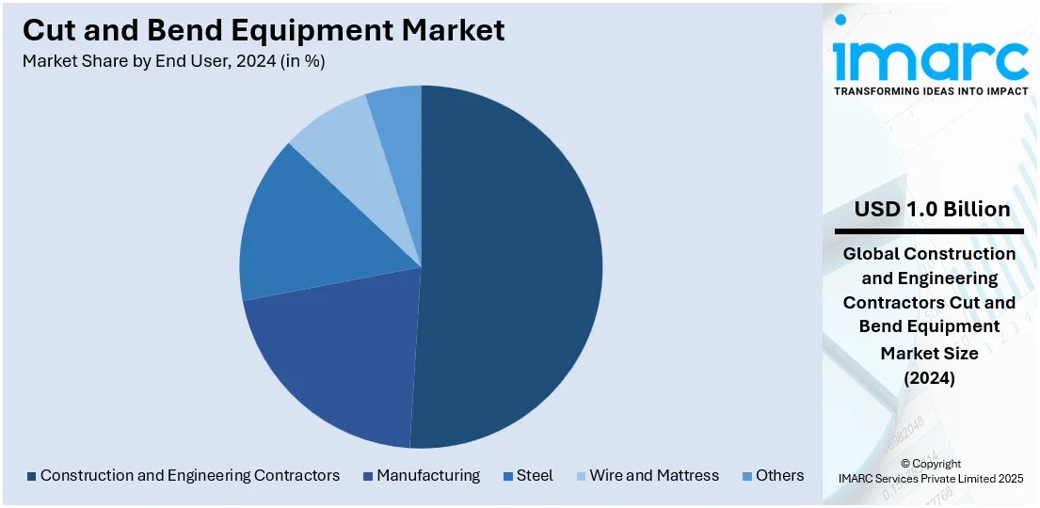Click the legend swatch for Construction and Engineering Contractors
tap(31, 476)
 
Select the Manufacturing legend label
tap(428, 476)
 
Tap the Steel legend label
tap(535, 476)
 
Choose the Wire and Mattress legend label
tap(654, 476)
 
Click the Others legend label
tap(779, 476)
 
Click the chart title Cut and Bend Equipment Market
tap(264, 30)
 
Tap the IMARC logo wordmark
tap(930, 58)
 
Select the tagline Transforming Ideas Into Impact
tap(930, 91)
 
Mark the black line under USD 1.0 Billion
tap(929, 230)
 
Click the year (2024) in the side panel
tap(929, 378)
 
